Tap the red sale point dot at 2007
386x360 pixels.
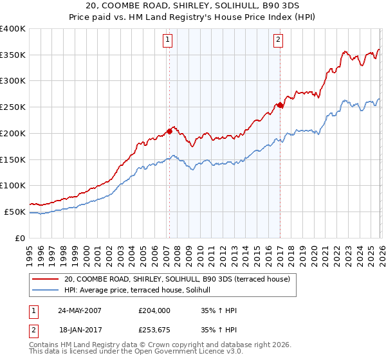pos(169,130)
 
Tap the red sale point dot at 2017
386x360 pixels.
pos(280,105)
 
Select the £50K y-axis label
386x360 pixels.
pos(15,212)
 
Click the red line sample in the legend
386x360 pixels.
pos(46,280)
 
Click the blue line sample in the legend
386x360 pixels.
pos(46,291)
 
